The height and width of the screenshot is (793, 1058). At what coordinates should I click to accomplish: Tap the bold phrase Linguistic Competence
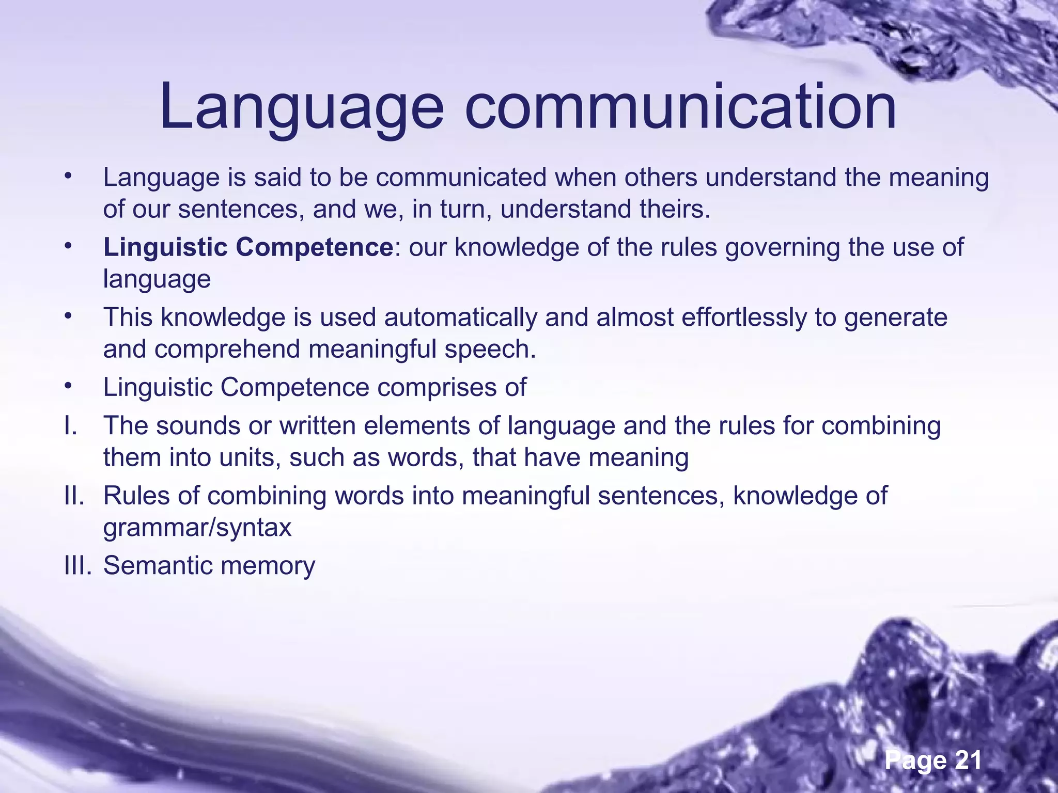click(248, 247)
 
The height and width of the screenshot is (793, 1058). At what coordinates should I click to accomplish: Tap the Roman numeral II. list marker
click(74, 496)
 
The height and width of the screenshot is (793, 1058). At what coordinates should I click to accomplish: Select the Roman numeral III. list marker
click(78, 565)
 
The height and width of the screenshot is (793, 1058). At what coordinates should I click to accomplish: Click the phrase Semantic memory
click(209, 565)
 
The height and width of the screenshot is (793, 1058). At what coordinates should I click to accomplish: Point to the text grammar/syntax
click(197, 528)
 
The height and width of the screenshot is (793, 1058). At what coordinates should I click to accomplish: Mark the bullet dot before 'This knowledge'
click(67, 316)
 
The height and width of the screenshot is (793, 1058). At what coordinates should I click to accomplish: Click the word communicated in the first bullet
click(461, 178)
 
